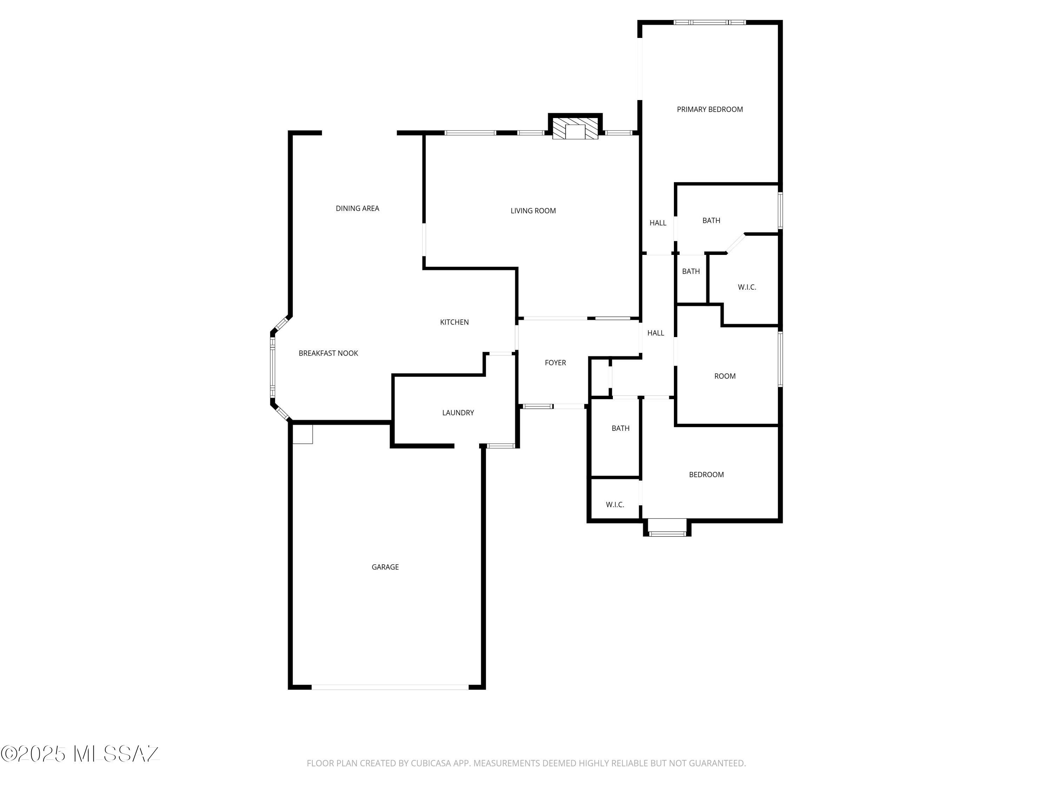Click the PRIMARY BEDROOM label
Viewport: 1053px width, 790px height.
click(x=710, y=110)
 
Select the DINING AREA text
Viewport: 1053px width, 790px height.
click(x=358, y=209)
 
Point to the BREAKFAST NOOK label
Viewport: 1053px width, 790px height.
click(x=329, y=353)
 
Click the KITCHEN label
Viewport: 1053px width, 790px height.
click(x=455, y=322)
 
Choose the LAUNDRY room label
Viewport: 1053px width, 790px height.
click(x=458, y=413)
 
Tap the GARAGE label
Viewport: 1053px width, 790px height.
click(x=385, y=567)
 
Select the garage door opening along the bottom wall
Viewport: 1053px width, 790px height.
click(x=390, y=687)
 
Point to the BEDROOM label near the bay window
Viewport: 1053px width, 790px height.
click(x=707, y=475)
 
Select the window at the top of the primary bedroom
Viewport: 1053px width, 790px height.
click(x=710, y=22)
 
